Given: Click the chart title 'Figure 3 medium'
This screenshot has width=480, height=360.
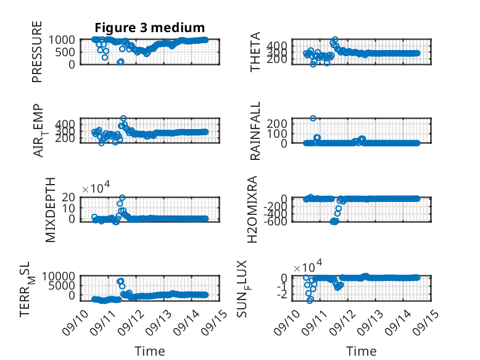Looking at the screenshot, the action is [x=150, y=28].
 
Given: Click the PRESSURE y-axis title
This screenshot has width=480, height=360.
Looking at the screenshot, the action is [x=37, y=52].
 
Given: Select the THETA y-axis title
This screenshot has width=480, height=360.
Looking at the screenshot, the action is [x=255, y=52].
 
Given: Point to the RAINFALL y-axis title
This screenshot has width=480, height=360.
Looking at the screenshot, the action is [x=255, y=131].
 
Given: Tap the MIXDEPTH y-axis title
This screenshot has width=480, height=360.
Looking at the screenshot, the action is [x=50, y=210].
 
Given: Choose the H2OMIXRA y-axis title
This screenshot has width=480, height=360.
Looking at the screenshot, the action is [x=252, y=209].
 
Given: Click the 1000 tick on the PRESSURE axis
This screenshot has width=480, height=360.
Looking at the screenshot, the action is [x=62, y=40].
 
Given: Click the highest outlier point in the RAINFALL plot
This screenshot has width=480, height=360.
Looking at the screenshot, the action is [x=313, y=119].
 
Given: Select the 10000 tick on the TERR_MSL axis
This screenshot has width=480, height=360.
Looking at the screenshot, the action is [x=58, y=277].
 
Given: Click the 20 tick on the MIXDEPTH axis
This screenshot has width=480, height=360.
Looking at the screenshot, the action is [x=68, y=197].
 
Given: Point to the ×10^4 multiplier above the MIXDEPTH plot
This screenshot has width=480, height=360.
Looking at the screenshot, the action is [x=96, y=187].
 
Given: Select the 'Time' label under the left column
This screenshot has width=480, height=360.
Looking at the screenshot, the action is [x=150, y=351].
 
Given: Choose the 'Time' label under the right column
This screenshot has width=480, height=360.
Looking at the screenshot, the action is [x=361, y=351].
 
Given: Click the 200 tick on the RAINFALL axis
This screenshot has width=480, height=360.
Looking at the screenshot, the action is [x=277, y=123].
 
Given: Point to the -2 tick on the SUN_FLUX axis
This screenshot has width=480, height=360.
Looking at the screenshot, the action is [x=282, y=295].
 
